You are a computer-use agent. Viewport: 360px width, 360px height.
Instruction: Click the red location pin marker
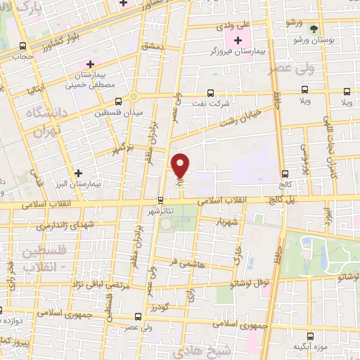(181, 165)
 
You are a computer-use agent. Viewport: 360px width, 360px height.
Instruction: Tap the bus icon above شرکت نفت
(210, 93)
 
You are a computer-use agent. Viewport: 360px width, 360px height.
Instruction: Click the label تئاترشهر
(161, 210)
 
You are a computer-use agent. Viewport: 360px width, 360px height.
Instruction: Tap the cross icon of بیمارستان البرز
(78, 172)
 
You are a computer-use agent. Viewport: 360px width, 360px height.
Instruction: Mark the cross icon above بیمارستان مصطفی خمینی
(90, 65)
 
